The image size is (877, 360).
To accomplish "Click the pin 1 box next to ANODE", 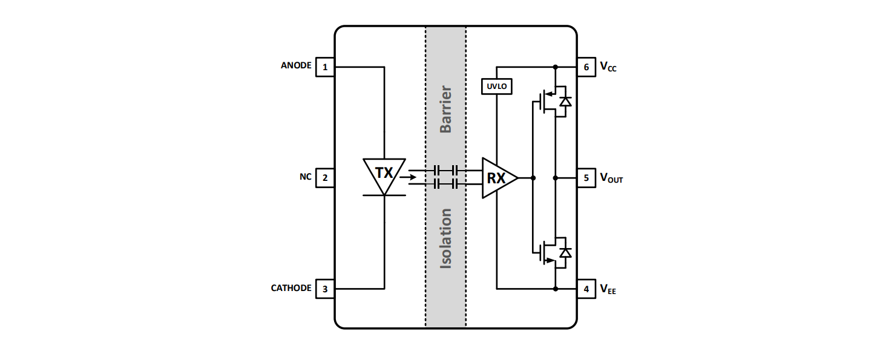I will pos(325,67).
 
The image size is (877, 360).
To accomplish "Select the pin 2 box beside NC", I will pos(325,178).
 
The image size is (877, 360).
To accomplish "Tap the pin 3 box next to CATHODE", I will pos(325,289).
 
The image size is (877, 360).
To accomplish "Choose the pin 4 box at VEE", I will pos(586,289).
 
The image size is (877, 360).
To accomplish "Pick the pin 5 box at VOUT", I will pos(586,178).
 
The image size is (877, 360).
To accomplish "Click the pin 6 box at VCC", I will pos(586,67).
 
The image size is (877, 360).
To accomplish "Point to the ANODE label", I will pos(296,65).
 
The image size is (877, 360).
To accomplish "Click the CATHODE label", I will pos(291,288).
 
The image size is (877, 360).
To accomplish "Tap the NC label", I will pos(305,177).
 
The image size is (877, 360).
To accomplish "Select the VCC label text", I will pos(608,67).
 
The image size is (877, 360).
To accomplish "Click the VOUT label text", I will pos(611,178).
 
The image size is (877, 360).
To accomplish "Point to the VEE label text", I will pos(608,290).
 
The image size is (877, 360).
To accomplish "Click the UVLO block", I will pos(496,87).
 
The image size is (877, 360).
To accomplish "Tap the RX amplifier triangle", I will pos(498,178).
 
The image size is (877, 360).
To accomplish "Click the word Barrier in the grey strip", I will pos(446,110).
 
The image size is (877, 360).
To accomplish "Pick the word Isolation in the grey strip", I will pos(446,238).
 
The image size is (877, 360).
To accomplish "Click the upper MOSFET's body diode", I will pos(565,101).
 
